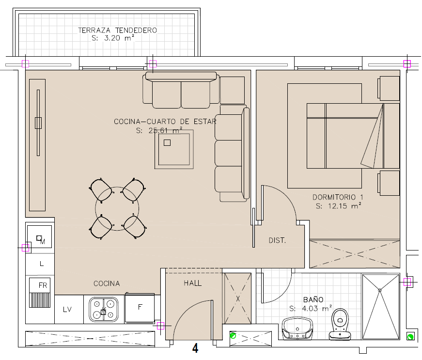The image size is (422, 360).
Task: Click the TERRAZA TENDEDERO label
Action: pos(117,30)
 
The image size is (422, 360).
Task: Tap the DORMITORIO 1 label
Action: pos(338,197)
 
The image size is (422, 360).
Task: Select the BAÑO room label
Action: pos(313,299)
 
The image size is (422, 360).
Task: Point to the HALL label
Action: pos(192,283)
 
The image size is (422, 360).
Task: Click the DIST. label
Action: pos(277,240)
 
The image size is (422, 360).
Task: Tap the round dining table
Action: pos(117,208)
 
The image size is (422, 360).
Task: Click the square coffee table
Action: pos(174,149)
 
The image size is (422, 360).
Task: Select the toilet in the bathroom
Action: pos(340,324)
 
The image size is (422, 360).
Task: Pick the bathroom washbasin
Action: pos(297,328)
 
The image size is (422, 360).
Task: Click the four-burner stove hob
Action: pos(104,310)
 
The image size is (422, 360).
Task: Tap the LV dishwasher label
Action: pos(67,310)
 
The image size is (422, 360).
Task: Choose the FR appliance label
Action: pos(43,285)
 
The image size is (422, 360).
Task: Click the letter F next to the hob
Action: pos(140,307)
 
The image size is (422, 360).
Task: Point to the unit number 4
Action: pos(195,348)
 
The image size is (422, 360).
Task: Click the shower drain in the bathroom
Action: pos(380,290)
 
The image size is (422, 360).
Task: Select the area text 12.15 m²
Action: pos(344,206)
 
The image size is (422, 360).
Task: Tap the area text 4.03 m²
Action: pos(317,308)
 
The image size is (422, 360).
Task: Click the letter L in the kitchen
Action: pos(42,264)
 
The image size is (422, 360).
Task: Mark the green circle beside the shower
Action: pos(410,336)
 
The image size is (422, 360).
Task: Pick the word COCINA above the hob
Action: pos(107,283)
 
